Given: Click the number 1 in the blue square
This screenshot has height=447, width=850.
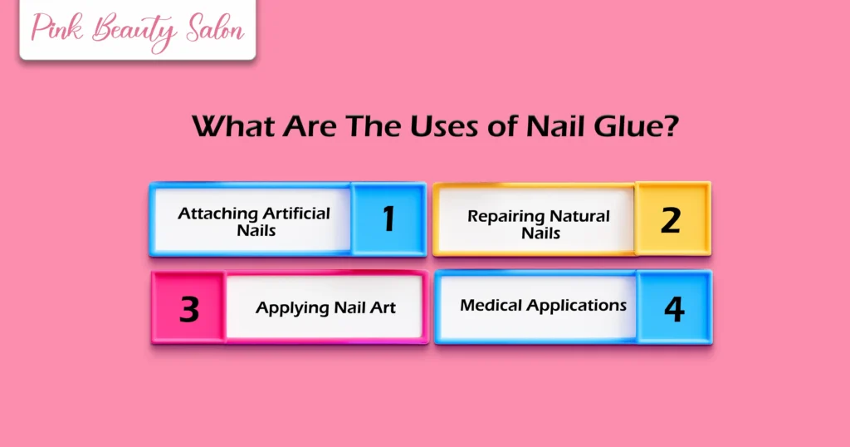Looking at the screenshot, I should [x=388, y=219].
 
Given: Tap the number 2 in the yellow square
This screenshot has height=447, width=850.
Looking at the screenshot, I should [x=671, y=219].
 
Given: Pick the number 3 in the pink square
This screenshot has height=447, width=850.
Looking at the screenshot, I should [x=189, y=308].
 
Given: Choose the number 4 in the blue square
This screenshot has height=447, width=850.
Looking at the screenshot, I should [x=674, y=308].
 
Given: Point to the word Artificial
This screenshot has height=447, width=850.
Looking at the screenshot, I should [x=296, y=214].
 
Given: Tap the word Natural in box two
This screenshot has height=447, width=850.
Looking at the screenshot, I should [x=579, y=217].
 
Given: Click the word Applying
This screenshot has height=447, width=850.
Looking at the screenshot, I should [x=292, y=308].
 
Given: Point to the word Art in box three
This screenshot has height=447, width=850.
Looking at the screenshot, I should [x=383, y=308].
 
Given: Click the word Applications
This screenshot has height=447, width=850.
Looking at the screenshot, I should [x=575, y=306].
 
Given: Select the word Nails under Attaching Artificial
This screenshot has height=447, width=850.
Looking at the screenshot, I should [x=256, y=230].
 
